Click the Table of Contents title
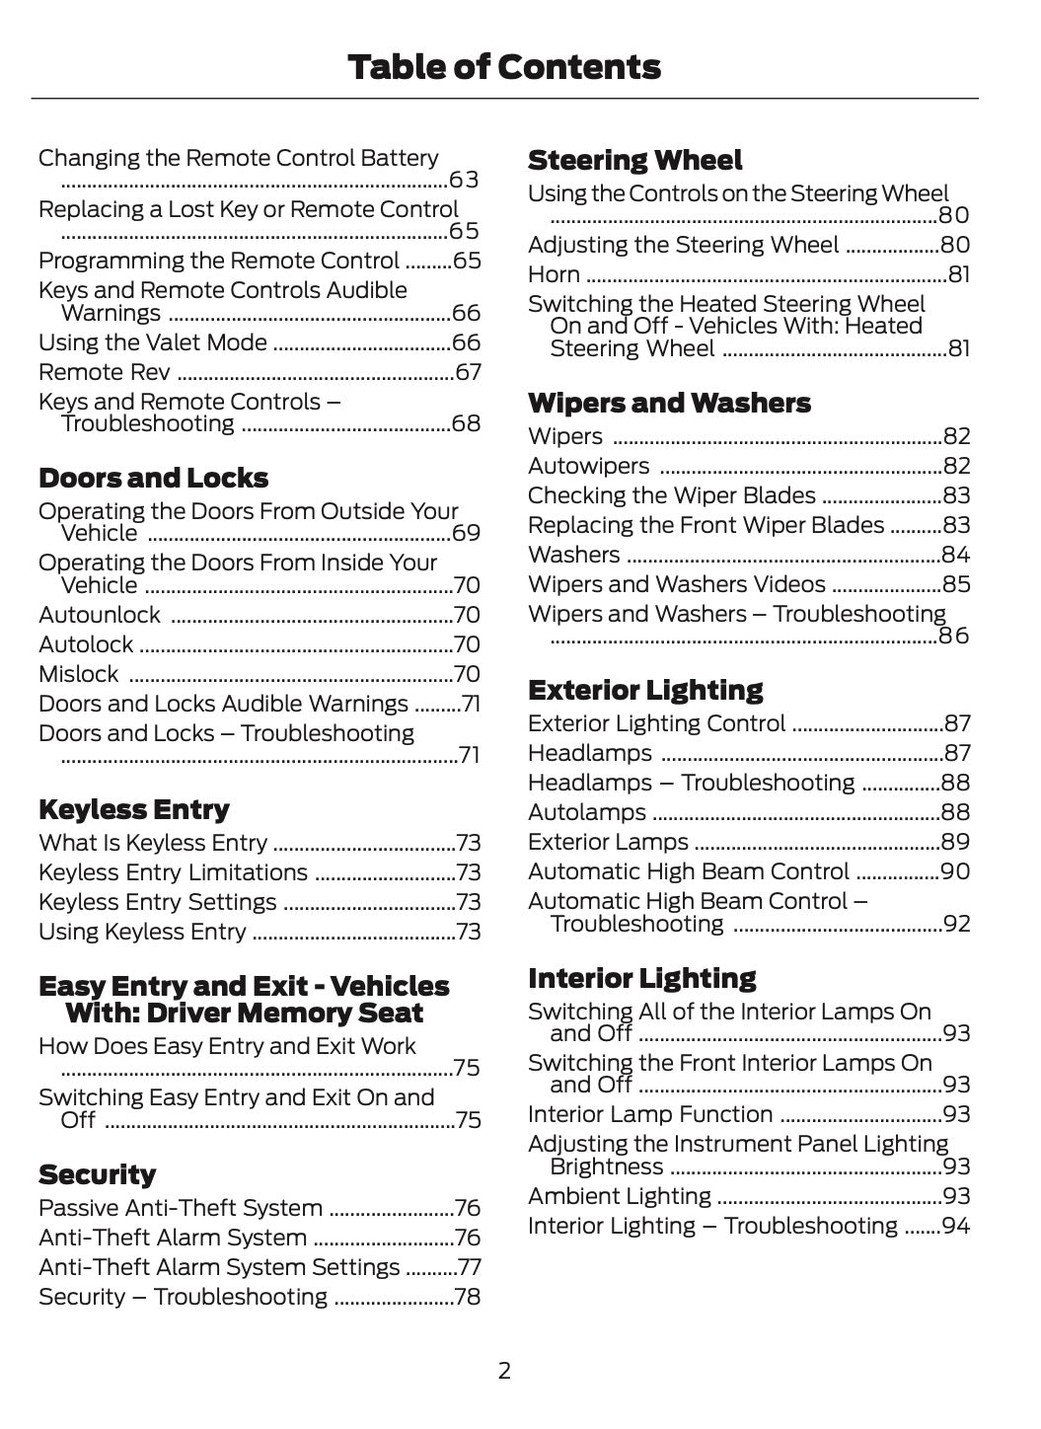click(x=504, y=67)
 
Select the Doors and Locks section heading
click(x=153, y=479)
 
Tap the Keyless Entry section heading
click(x=133, y=810)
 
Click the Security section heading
click(x=97, y=1174)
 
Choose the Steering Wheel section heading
click(x=634, y=161)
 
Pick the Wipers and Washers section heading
click(x=669, y=404)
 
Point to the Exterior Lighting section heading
click(x=645, y=690)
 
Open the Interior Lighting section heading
click(x=641, y=978)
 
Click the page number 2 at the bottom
click(x=504, y=1371)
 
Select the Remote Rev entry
click(x=105, y=373)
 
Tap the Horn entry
click(x=554, y=275)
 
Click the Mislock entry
click(x=79, y=675)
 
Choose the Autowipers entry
click(x=589, y=467)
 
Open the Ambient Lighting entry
click(x=620, y=1197)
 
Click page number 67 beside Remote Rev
click(x=468, y=373)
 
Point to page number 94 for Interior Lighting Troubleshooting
click(x=956, y=1227)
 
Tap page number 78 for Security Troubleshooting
click(x=468, y=1298)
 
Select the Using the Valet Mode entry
click(x=153, y=343)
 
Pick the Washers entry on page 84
click(x=574, y=556)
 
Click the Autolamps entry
click(x=587, y=813)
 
